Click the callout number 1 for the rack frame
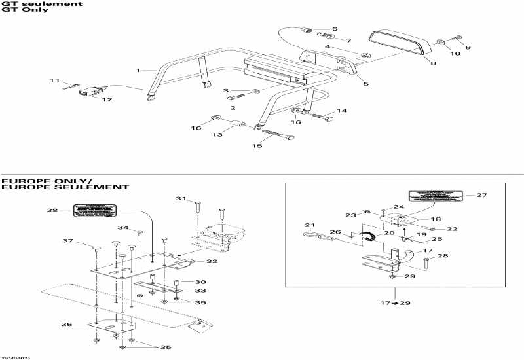pyautogui.click(x=138, y=69)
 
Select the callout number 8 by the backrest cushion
pyautogui.click(x=433, y=63)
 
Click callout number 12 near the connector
pyautogui.click(x=105, y=100)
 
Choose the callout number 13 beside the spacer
pyautogui.click(x=219, y=135)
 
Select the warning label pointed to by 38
pyautogui.click(x=94, y=211)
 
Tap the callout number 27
pyautogui.click(x=481, y=195)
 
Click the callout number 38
pyautogui.click(x=52, y=211)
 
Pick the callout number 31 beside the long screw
pyautogui.click(x=181, y=198)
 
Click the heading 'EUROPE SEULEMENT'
pyautogui.click(x=64, y=187)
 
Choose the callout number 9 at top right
pyautogui.click(x=468, y=48)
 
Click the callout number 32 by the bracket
pyautogui.click(x=212, y=261)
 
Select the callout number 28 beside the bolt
pyautogui.click(x=443, y=256)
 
